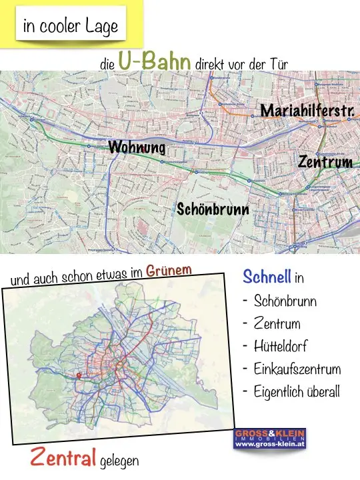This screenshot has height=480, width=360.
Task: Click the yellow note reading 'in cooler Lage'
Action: tap(70, 26)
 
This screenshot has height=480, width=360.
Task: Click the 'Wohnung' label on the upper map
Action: tap(137, 147)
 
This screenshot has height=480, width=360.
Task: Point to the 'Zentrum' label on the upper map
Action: tap(325, 162)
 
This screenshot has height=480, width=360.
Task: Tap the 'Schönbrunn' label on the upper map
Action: tap(213, 209)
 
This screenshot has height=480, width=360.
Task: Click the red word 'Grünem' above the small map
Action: tap(169, 271)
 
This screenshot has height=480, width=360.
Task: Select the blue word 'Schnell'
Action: tap(267, 277)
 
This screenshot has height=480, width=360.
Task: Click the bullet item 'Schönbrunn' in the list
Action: tap(285, 301)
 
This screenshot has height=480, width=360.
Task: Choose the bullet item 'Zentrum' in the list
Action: tap(277, 324)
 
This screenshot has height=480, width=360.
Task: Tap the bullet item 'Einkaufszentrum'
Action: tap(297, 369)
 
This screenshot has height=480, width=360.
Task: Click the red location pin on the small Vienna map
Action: tap(79, 375)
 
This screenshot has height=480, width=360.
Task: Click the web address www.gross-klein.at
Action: tap(269, 444)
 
